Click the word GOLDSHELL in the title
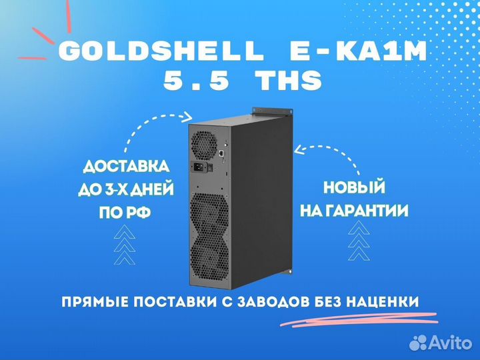(x=161, y=51)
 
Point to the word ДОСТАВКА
(x=126, y=167)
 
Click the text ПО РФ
(x=125, y=212)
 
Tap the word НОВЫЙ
(x=354, y=187)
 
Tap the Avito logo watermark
(x=441, y=342)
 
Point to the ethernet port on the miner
(x=221, y=153)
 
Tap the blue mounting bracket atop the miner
(x=271, y=111)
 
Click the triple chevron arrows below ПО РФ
(x=125, y=245)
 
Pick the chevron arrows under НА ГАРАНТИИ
(x=359, y=240)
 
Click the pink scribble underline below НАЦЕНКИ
(x=359, y=319)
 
